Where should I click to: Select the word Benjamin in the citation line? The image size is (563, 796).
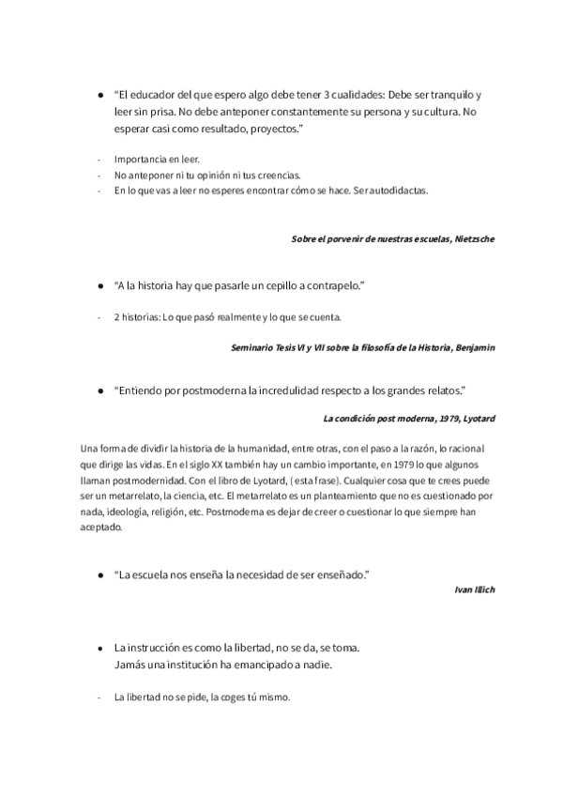[474, 347]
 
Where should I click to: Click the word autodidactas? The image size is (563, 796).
[397, 191]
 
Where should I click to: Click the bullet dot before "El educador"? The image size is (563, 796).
[101, 96]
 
